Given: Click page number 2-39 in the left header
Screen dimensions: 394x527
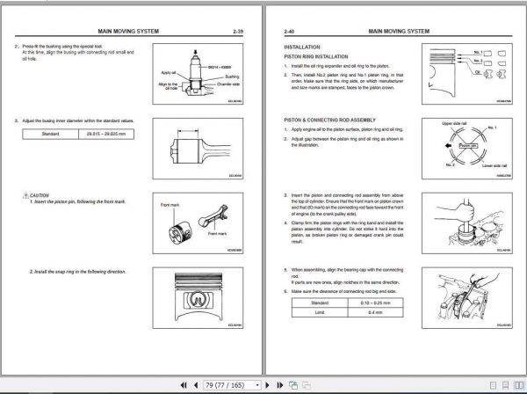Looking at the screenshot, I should pyautogui.click(x=238, y=31).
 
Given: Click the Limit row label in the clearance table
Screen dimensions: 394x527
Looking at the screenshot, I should pyautogui.click(x=313, y=311).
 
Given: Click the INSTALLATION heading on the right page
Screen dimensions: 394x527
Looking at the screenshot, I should pyautogui.click(x=302, y=46).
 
